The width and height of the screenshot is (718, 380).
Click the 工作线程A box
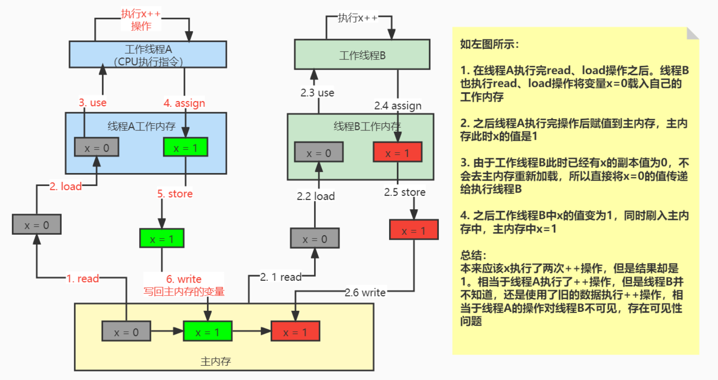(x=147, y=55)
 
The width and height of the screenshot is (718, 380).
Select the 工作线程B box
(x=362, y=55)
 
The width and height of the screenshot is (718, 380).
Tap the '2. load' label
(x=66, y=187)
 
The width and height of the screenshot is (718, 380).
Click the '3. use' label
(x=93, y=103)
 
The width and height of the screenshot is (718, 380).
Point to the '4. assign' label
(x=184, y=103)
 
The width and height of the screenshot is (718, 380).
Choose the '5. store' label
(x=175, y=194)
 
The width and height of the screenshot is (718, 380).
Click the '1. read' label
(x=83, y=278)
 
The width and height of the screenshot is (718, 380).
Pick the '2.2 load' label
(x=315, y=196)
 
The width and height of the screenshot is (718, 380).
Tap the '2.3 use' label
(x=317, y=93)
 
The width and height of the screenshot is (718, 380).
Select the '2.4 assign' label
(x=397, y=106)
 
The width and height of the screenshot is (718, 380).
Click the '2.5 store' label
(x=404, y=192)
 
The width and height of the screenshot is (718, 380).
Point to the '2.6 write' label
(x=365, y=292)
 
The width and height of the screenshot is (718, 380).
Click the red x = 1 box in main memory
(x=295, y=332)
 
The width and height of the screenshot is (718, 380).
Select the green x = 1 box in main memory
(x=207, y=332)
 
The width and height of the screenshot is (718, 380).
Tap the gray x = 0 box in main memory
(x=126, y=332)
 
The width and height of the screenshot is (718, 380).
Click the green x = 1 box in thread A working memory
(x=186, y=148)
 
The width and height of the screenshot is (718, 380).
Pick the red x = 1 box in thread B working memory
(x=397, y=153)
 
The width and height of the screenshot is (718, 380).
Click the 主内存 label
(x=215, y=361)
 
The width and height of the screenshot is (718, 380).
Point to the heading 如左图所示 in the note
(x=489, y=44)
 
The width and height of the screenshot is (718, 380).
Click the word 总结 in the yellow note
(x=473, y=255)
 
